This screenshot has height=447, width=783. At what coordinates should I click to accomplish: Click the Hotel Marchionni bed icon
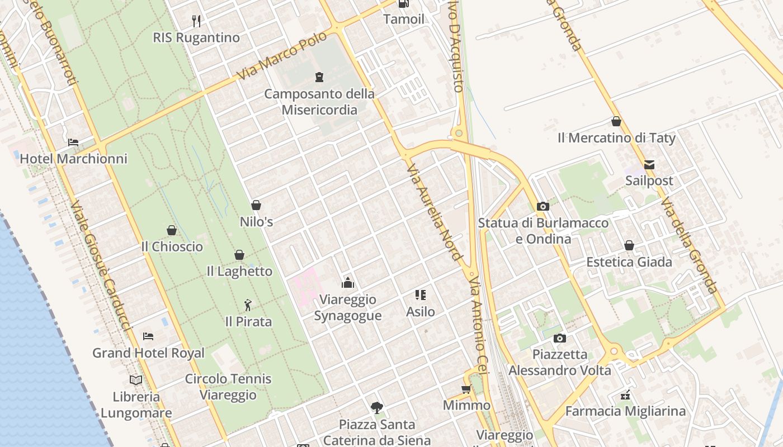73,142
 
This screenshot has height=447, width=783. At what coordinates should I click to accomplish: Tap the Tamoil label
404,19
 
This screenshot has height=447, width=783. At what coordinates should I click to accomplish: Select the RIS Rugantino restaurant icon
196,21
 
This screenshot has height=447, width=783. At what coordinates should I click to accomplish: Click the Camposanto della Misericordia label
319,102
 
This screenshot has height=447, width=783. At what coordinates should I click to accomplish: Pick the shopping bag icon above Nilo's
256,205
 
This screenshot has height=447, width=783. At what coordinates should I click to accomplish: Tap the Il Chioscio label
172,246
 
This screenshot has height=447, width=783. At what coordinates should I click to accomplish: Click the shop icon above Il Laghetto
239,255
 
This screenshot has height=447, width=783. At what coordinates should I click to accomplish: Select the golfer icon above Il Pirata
248,305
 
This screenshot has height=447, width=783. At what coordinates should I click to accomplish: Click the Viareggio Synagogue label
348,308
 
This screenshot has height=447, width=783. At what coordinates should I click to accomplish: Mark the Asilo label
421,311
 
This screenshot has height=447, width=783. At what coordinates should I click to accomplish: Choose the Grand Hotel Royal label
148,353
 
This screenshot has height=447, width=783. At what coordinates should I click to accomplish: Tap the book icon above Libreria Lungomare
136,380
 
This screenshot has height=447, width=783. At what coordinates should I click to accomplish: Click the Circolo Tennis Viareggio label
228,387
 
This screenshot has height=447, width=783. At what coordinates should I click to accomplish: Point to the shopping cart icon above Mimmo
466,389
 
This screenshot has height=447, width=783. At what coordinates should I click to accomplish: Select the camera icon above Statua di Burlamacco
543,206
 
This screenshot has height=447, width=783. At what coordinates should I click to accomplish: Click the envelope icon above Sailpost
649,164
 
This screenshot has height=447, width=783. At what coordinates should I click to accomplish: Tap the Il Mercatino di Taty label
616,137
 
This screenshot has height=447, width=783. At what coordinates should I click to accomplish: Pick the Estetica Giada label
629,262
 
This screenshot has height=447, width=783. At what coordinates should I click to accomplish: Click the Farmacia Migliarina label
625,411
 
